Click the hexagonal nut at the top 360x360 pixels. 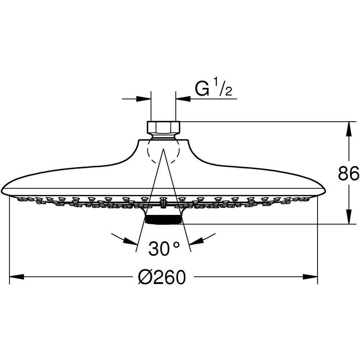[x=163, y=127]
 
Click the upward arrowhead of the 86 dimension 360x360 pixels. [x=348, y=129]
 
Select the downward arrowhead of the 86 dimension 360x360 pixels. [x=348, y=216]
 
